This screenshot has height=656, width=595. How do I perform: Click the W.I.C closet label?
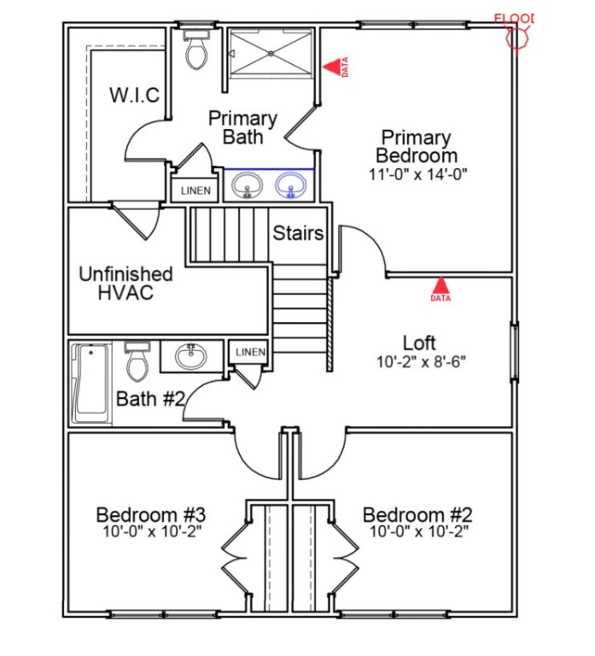(x=134, y=95)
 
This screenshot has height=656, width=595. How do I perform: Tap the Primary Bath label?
(x=242, y=127)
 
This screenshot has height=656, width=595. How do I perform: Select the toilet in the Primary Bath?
(x=196, y=50)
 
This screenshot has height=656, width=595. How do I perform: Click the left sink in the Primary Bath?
(x=248, y=185)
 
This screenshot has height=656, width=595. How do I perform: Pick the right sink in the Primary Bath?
(x=292, y=185)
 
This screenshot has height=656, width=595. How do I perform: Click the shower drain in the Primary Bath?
(x=271, y=54)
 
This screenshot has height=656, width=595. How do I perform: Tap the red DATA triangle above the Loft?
(x=440, y=285)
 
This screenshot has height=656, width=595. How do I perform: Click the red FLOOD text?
(x=516, y=18)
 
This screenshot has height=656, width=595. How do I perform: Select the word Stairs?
(x=298, y=232)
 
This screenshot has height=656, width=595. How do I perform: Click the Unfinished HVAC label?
(x=125, y=283)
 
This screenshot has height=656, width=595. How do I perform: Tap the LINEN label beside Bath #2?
(x=250, y=352)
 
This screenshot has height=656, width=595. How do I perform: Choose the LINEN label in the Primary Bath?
(x=195, y=191)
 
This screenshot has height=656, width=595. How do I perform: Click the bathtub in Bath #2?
(x=91, y=384)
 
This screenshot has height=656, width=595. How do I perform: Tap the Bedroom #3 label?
(x=150, y=515)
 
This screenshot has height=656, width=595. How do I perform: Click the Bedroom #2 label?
(x=417, y=515)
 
